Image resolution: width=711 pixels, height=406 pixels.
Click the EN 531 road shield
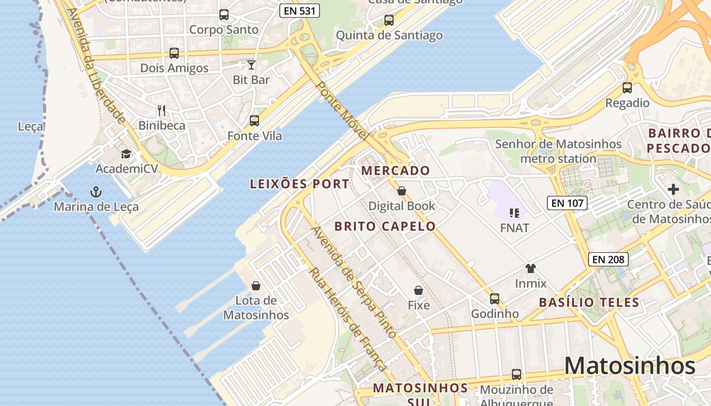point(300,11)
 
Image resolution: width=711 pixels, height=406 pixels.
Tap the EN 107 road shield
point(567,204)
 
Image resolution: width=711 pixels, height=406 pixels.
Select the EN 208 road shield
point(608,259)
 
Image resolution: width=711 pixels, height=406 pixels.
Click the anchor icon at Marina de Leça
point(95,192)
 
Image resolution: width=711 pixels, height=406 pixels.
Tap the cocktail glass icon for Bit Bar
point(251,65)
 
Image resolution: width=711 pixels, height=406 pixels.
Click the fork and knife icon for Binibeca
point(161,110)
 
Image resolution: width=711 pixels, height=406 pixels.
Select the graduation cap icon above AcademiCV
point(126,154)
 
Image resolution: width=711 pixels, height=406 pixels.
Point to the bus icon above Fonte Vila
point(254,121)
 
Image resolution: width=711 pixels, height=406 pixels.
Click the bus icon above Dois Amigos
point(174,53)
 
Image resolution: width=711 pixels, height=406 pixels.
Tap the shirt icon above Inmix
point(531,268)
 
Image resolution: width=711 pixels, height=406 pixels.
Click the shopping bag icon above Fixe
point(418,290)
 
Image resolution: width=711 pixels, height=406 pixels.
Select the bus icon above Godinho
point(495,299)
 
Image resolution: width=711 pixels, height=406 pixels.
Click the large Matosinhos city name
point(630,366)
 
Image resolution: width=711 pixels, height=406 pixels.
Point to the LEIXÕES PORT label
point(300,184)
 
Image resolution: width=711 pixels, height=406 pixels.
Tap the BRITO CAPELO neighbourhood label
point(385,226)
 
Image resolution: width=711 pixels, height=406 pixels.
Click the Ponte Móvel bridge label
point(341,110)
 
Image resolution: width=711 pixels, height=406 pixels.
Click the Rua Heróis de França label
point(347,319)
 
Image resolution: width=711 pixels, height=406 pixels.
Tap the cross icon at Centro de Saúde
point(673,189)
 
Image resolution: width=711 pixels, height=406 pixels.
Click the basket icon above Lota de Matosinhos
point(256,286)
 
